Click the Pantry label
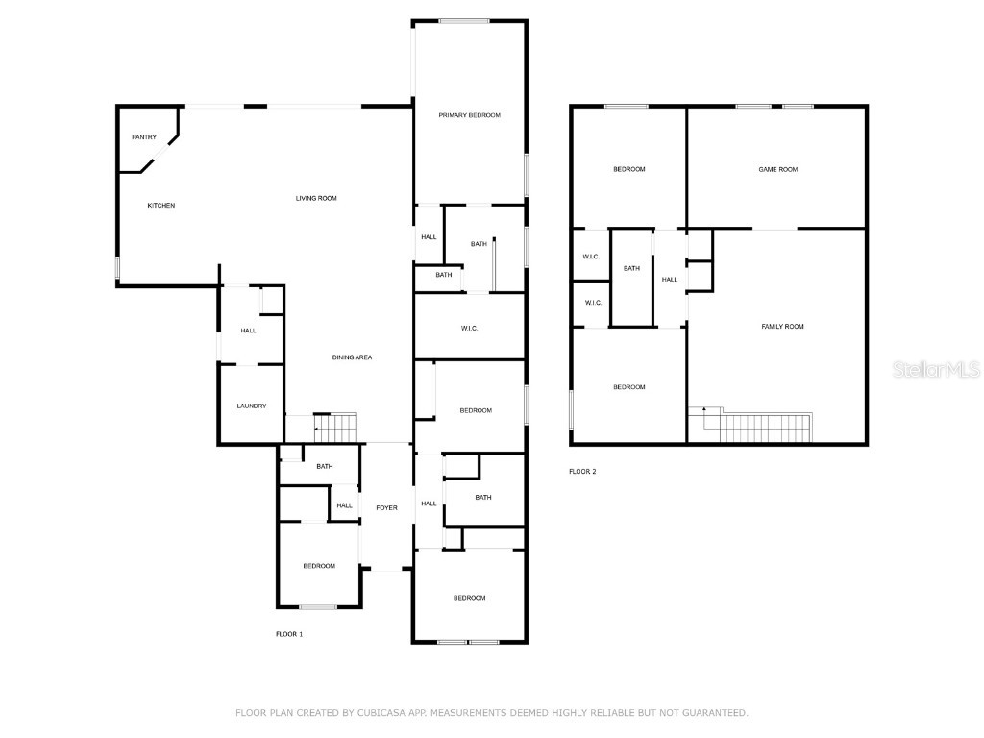[144, 137]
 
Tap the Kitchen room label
[161, 206]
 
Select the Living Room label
[316, 198]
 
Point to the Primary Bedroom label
[470, 115]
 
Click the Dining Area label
[352, 357]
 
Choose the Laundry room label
[252, 406]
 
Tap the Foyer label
[386, 508]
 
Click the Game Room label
[778, 169]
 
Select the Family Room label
[782, 327]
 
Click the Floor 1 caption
[289, 634]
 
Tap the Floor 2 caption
[582, 472]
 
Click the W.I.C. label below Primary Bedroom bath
[470, 329]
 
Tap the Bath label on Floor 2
[631, 268]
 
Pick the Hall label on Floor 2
[670, 280]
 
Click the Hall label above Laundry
[248, 331]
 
